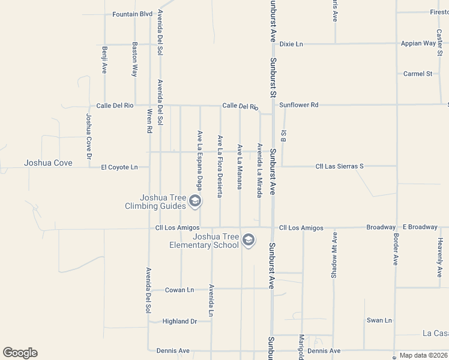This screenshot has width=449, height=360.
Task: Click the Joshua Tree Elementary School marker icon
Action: pos(249,241)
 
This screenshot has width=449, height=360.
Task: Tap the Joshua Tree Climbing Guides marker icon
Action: pos(194,202)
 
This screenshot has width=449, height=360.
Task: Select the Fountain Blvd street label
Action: pos(133,14)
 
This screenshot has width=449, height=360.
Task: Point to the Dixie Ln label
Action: pos(292,44)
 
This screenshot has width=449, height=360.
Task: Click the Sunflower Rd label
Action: pos(298,104)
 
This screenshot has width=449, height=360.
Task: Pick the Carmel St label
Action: pos(418,74)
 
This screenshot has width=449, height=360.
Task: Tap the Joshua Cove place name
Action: pos(48,163)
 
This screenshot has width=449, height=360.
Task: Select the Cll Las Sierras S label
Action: pos(340,166)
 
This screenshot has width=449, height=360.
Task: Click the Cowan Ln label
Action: pos(180,290)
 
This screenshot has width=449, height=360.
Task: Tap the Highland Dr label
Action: pos(180,322)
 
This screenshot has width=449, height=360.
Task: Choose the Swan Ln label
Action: pos(379,320)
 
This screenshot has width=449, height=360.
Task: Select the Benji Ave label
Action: pos(104,60)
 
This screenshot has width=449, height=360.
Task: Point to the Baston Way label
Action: pos(135,59)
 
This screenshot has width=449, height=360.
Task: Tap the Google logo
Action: pos(20,353)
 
